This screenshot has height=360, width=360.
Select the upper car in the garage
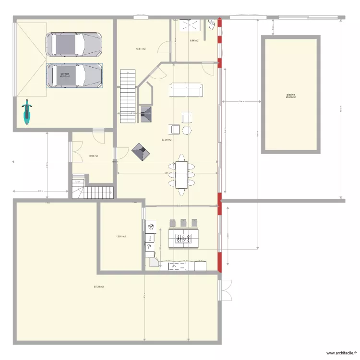tap(74, 44)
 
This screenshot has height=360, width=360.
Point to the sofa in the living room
tap(185, 90)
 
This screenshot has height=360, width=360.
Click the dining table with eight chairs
tap(182, 174)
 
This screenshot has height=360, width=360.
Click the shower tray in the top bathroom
tap(185, 26)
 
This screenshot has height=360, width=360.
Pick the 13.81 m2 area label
tap(141, 48)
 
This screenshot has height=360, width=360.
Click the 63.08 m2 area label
tap(167, 140)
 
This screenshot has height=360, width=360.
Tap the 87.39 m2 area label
tap(99, 287)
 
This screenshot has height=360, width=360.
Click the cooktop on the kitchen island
tap(183, 238)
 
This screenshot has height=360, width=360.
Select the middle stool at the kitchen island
tap(183, 223)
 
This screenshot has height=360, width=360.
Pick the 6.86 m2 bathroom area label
tap(194, 41)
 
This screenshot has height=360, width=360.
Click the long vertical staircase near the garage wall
tap(128, 96)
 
